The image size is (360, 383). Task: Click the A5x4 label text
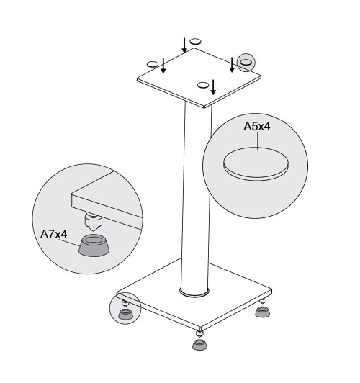[257, 127]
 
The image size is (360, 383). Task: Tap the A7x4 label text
[53, 234]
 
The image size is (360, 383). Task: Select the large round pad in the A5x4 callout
[256, 164]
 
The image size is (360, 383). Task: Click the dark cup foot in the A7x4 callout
[94, 245]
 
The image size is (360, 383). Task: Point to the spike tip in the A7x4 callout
[93, 230]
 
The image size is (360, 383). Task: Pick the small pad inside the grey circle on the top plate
[246, 63]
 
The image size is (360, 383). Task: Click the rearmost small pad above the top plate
[195, 41]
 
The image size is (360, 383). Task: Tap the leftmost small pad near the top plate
[153, 64]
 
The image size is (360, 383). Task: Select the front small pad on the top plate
[203, 85]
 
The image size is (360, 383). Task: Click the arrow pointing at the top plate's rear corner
[184, 45]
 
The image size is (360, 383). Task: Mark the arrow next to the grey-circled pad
[232, 65]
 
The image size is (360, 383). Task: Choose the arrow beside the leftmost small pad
[163, 66]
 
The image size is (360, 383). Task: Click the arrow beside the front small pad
[213, 87]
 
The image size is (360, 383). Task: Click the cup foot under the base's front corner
[199, 344]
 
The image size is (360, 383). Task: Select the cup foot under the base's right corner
[263, 312]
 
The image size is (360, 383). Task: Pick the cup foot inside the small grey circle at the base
[126, 314]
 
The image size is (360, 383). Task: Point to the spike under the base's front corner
[199, 334]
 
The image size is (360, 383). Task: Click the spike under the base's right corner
[263, 301]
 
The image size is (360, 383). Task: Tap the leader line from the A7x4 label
[70, 243]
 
